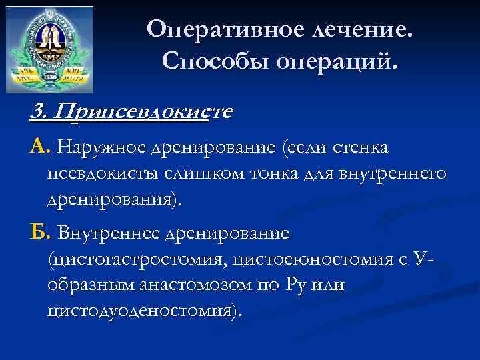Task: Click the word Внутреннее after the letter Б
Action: (108, 233)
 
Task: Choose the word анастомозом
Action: (198, 285)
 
